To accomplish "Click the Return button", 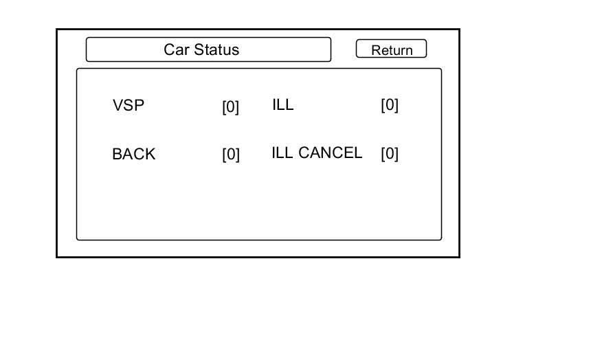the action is tap(391, 49).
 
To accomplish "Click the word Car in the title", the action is tap(177, 49).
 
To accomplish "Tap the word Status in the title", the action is tap(216, 49).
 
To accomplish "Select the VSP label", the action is tap(128, 105).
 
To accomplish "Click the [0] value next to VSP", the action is tap(231, 107).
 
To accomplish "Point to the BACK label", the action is tap(134, 154).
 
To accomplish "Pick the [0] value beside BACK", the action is tap(231, 155).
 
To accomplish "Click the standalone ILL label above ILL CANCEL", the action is tap(282, 104).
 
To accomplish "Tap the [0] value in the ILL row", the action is tap(390, 105).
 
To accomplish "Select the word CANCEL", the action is tap(330, 153).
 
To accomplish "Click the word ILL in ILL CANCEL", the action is tap(282, 153).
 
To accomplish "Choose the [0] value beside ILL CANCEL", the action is tap(390, 154).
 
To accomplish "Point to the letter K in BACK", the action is tap(150, 154).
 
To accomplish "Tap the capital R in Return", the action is tap(376, 50).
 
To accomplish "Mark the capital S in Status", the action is tap(199, 49).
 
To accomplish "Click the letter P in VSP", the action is tap(139, 105).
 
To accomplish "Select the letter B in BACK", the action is tap(118, 154).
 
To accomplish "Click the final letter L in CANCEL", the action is tap(358, 153).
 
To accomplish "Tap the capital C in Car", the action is tap(170, 49).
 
